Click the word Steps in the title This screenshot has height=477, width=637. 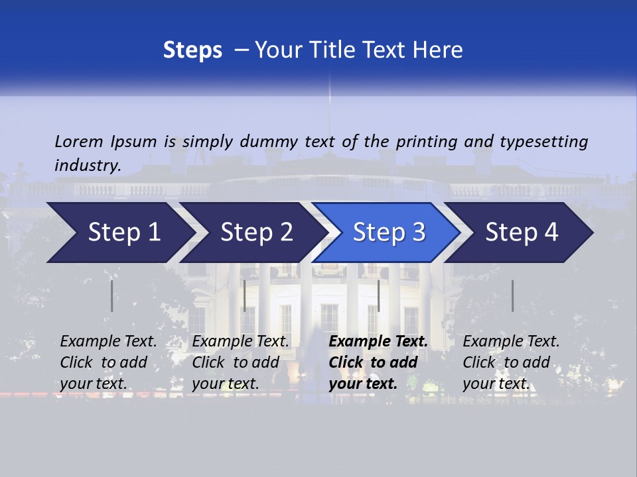click(x=192, y=50)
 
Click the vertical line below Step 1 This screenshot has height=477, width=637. click(x=111, y=295)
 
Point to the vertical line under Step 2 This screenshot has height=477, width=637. click(x=245, y=295)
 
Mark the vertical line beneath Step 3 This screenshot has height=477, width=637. click(x=378, y=295)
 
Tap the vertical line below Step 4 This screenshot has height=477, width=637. click(x=512, y=295)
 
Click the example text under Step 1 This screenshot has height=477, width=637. click(x=108, y=362)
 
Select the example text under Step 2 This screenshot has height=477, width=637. click(x=240, y=362)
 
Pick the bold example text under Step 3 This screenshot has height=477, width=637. click(x=378, y=362)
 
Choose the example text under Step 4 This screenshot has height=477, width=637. click(x=511, y=362)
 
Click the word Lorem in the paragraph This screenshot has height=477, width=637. click(x=78, y=141)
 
